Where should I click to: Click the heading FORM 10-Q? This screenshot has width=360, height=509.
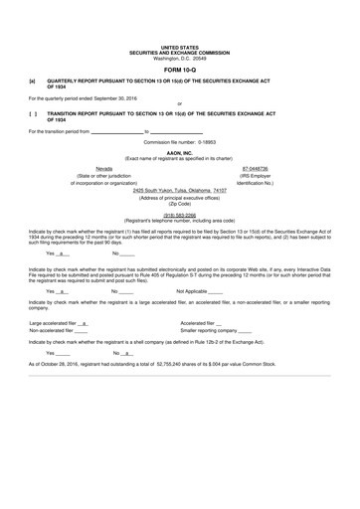pyautogui.click(x=179, y=72)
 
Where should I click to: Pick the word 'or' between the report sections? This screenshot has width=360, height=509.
pyautogui.click(x=179, y=103)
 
